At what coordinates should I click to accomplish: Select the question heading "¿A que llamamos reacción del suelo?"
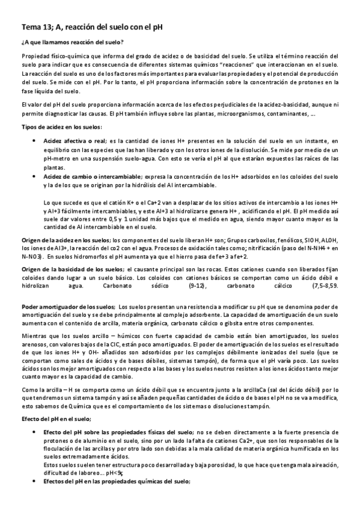[72, 42]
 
